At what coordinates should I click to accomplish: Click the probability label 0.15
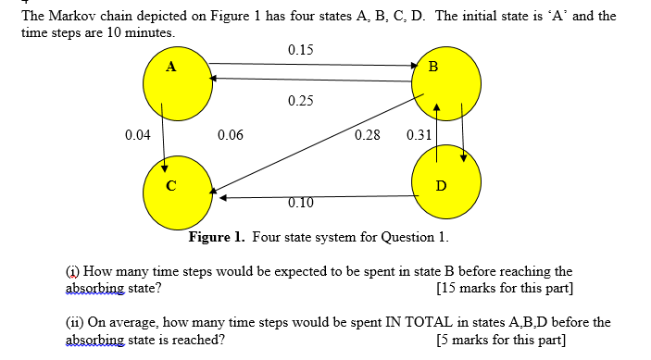pos(300,49)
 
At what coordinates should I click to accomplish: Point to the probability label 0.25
pos(300,99)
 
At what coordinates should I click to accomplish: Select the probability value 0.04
pos(137,135)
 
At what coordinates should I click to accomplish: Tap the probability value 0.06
pos(230,135)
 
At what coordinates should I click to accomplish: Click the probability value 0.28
pos(367,135)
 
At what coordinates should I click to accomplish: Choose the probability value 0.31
pos(419,135)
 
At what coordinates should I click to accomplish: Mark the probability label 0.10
pos(300,204)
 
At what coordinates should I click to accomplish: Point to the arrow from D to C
pos(315,196)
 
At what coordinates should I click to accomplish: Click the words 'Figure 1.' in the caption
pos(218,237)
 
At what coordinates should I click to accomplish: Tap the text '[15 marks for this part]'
pos(504,288)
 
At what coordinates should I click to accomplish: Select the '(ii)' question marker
pos(73,322)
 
